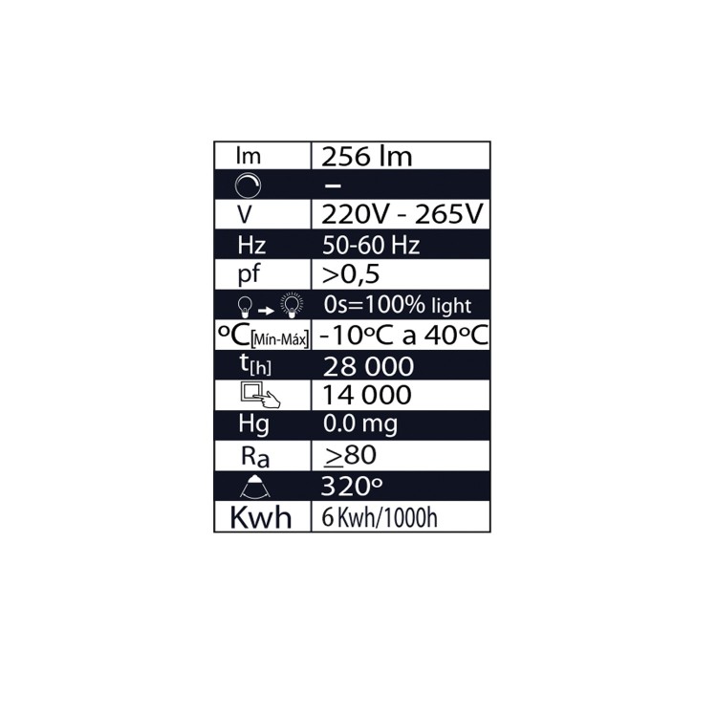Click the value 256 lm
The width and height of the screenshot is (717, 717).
click(x=368, y=157)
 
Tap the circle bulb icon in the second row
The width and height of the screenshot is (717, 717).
click(x=248, y=185)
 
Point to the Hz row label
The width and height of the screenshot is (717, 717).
click(x=250, y=245)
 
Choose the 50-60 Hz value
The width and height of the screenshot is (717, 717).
click(x=371, y=245)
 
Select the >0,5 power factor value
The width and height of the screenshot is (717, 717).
click(x=351, y=274)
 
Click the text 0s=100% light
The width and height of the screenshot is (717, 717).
click(x=398, y=306)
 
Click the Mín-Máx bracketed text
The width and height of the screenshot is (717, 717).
click(x=282, y=340)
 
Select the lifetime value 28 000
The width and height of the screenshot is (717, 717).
click(x=368, y=366)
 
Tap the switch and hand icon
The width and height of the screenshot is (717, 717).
click(x=260, y=395)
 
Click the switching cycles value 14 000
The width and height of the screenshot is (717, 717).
click(x=367, y=395)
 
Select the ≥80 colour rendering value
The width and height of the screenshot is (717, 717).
click(x=349, y=455)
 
